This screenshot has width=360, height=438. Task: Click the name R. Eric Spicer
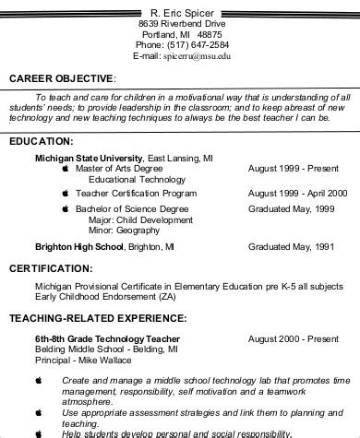[179, 10]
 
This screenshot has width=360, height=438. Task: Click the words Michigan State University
[89, 158]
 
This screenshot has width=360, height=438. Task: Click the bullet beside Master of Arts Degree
[65, 170]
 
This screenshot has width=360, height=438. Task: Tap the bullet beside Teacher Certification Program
[65, 195]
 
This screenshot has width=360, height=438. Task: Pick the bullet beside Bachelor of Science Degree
[65, 209]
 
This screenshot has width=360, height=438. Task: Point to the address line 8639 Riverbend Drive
[180, 21]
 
